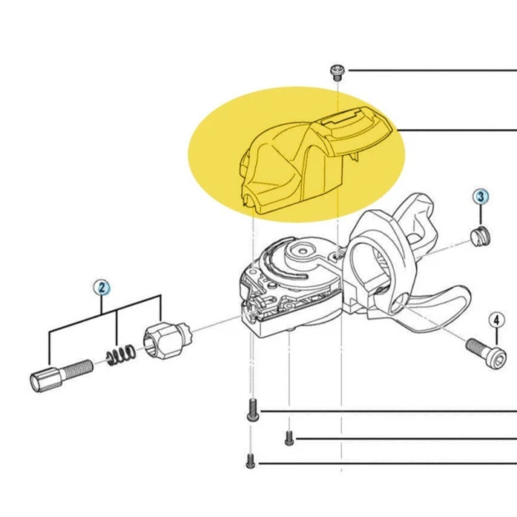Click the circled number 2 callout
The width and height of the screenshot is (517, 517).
pos(102,288)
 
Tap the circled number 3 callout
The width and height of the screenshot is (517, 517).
pos(481,197)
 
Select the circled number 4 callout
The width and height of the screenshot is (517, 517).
pos(496,320)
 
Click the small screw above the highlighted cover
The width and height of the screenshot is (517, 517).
pos(337,73)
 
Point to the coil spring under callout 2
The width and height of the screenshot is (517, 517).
pos(121,354)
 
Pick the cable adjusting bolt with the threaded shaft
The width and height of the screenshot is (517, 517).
pos(62,375)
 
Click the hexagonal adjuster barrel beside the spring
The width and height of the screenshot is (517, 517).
pos(168,340)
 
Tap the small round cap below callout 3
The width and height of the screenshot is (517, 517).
pos(480,237)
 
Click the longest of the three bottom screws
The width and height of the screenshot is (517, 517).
pos(253,409)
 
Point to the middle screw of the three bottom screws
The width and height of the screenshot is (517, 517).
pos(289,438)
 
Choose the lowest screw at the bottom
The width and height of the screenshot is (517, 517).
pos(250,461)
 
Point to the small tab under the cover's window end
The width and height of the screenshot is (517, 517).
pos(354,156)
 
